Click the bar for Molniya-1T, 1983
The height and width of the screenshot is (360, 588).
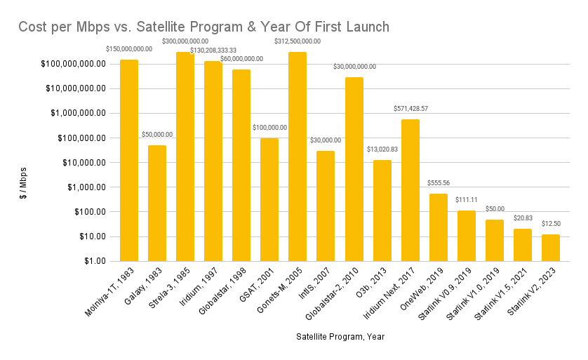[x=129, y=161]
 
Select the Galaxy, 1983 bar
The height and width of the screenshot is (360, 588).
[x=157, y=204]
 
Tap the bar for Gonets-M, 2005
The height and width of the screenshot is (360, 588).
[x=298, y=156]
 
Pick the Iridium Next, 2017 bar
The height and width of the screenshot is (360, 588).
[x=410, y=190]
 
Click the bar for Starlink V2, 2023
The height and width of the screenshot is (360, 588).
[x=551, y=248]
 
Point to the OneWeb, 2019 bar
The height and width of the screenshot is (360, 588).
[x=439, y=227]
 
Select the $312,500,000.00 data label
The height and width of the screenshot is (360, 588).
[x=298, y=41]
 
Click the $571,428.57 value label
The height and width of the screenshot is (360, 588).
[x=410, y=108]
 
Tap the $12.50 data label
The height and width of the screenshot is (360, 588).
[x=551, y=223]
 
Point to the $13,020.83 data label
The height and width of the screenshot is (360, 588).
[x=382, y=149]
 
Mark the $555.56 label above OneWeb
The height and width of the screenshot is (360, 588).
[x=439, y=183]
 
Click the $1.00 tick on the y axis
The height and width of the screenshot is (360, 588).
[x=95, y=261]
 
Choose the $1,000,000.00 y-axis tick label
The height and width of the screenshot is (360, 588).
[x=79, y=113]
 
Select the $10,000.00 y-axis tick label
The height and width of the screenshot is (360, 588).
[x=84, y=162]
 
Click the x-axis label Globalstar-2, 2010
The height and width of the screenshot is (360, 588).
[x=331, y=293]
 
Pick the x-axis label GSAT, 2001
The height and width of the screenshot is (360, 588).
[x=257, y=284]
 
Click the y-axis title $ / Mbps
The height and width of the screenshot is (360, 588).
[x=23, y=183]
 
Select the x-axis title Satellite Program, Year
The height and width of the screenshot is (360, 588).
[x=340, y=337]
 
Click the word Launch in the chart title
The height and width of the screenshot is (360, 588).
[x=368, y=27]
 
